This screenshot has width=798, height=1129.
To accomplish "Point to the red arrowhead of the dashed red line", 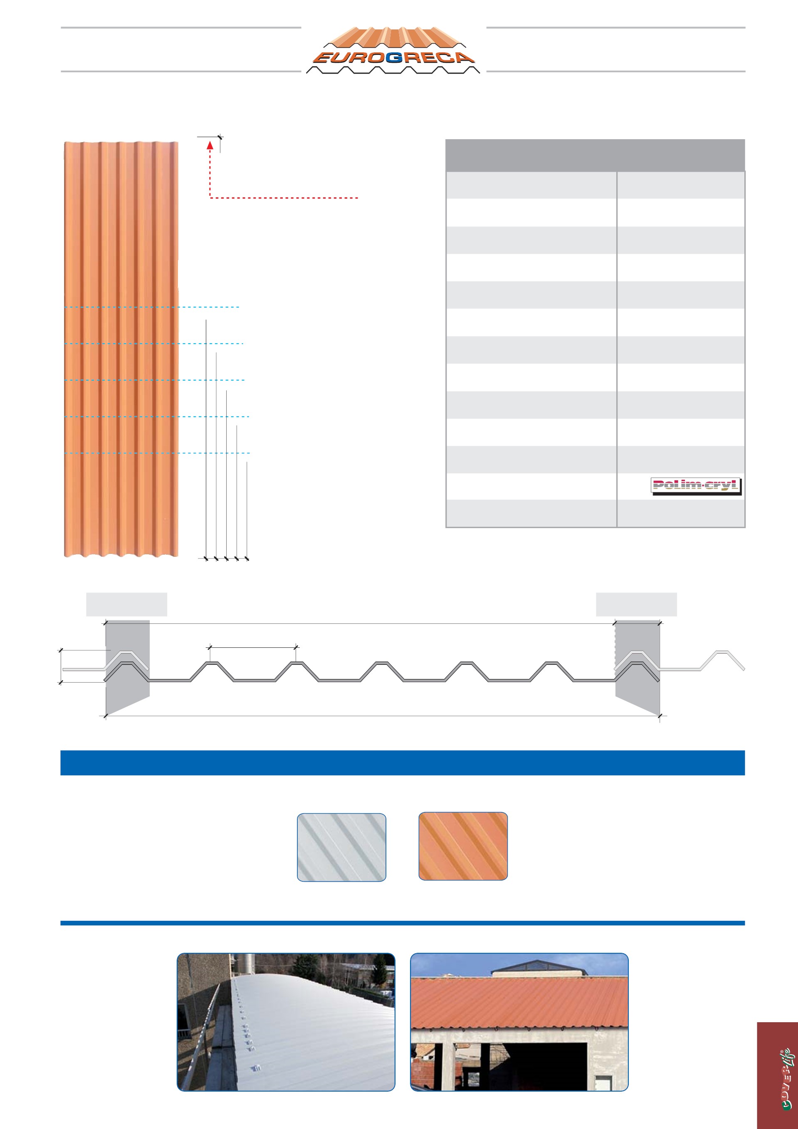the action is pyautogui.click(x=210, y=145).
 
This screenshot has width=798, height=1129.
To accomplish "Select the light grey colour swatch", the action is pyautogui.click(x=341, y=847).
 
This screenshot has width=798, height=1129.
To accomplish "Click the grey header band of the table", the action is pyautogui.click(x=595, y=155).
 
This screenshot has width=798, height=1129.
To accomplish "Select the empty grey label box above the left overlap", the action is pyautogui.click(x=126, y=604).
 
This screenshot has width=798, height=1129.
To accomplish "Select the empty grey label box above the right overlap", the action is pyautogui.click(x=636, y=604).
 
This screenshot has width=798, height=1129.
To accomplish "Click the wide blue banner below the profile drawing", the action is pyautogui.click(x=403, y=763).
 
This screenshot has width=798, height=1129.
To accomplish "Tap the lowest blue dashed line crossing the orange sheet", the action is pyautogui.click(x=157, y=453).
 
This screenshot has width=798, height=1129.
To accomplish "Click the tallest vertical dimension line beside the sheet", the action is pyautogui.click(x=206, y=439).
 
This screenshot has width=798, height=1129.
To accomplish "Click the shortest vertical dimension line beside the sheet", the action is pyautogui.click(x=247, y=510).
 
